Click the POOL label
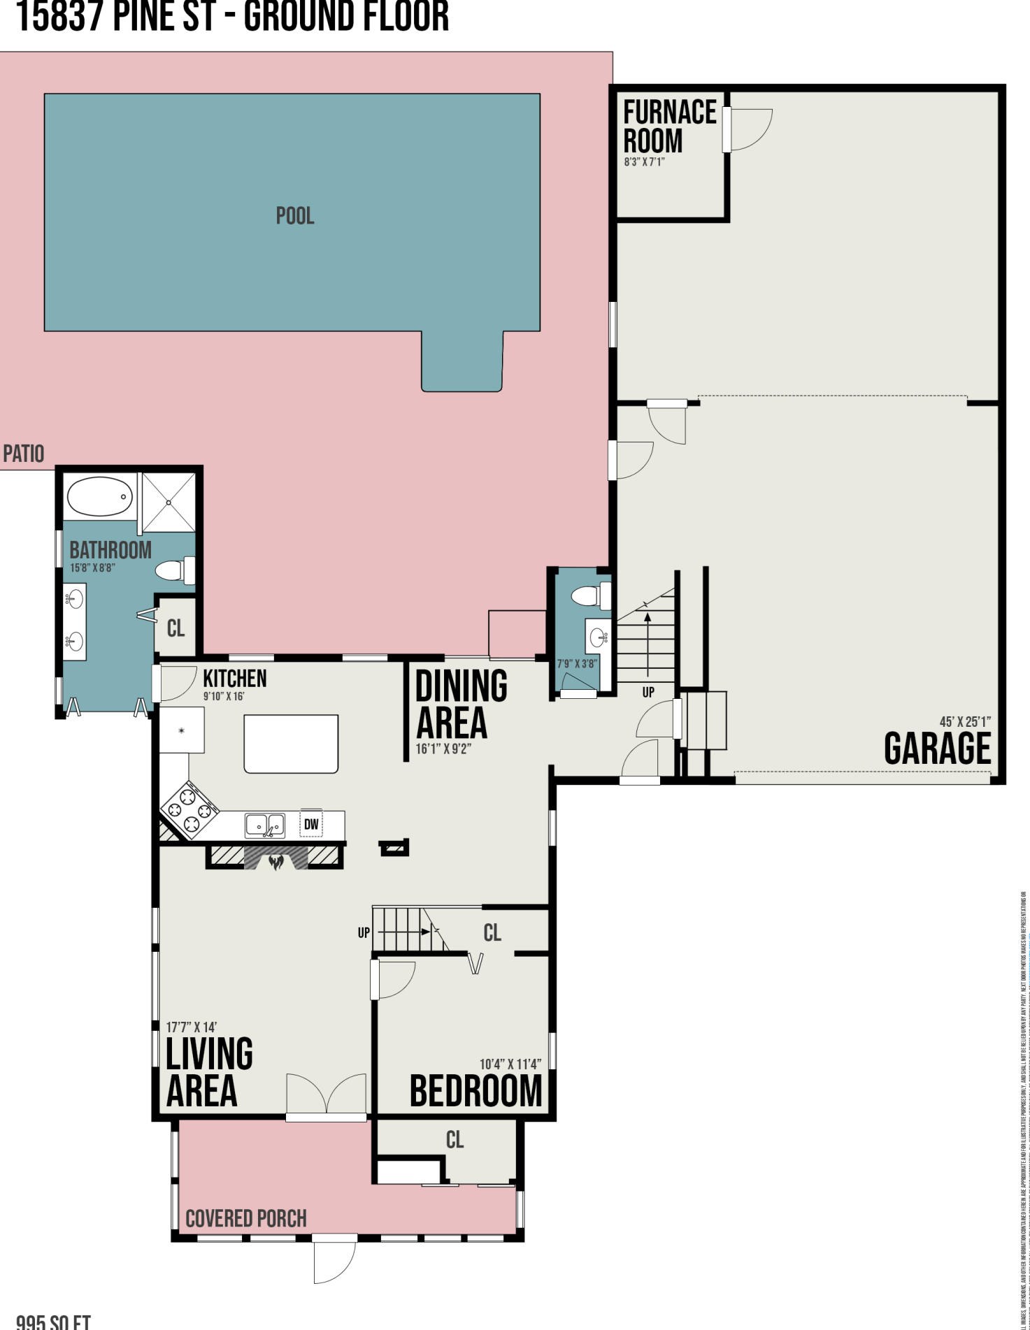[x=295, y=215]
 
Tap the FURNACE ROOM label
[x=669, y=127]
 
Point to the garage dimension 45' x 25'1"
[x=965, y=722]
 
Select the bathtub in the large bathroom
[x=100, y=496]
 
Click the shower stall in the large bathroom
[x=169, y=501]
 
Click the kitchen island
[x=291, y=744]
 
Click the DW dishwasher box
[x=311, y=825]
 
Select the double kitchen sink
[x=265, y=825]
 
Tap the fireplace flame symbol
[x=276, y=860]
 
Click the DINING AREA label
[x=460, y=704]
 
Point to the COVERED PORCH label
[x=246, y=1219]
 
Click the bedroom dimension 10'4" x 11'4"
[x=510, y=1064]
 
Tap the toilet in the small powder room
[x=588, y=596]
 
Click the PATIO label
[x=23, y=454]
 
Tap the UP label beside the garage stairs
[x=648, y=692]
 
